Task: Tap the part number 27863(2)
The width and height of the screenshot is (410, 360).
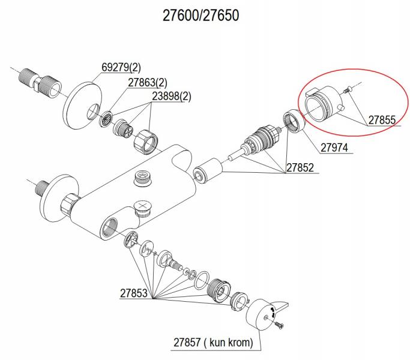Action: click(x=147, y=82)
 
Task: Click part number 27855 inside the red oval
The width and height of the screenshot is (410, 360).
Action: click(x=381, y=120)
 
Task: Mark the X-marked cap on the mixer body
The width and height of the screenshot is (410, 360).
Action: click(x=142, y=208)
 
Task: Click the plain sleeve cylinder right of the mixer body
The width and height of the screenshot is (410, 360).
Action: click(x=205, y=170)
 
